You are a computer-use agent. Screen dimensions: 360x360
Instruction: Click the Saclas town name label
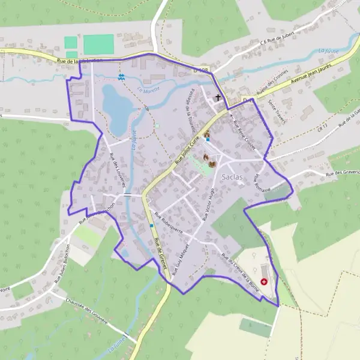(x=232, y=178)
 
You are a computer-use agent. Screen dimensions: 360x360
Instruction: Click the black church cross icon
(x=218, y=97)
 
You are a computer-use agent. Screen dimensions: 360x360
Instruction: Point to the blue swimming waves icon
(x=121, y=77)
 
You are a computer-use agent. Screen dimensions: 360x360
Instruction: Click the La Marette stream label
(x=147, y=91)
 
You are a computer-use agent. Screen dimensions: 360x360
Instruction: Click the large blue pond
(x=118, y=107)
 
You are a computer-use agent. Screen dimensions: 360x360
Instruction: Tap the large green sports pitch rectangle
(x=98, y=44)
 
